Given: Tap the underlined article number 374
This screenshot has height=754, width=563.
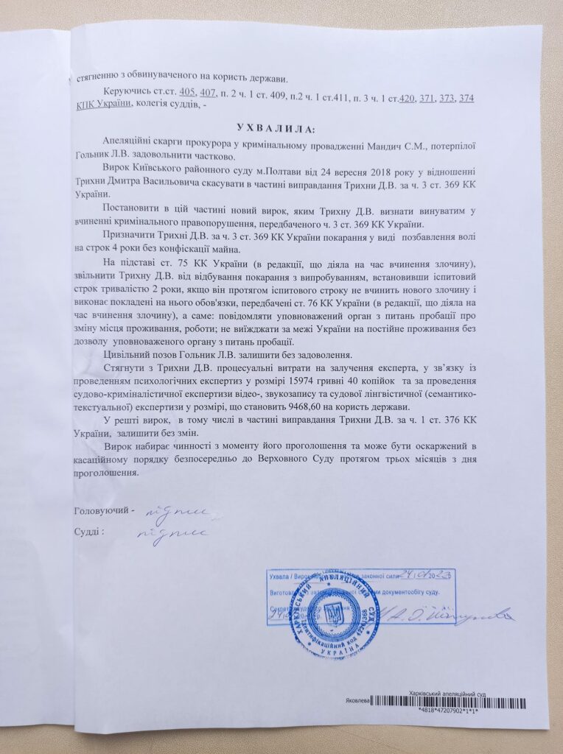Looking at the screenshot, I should (x=466, y=98).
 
